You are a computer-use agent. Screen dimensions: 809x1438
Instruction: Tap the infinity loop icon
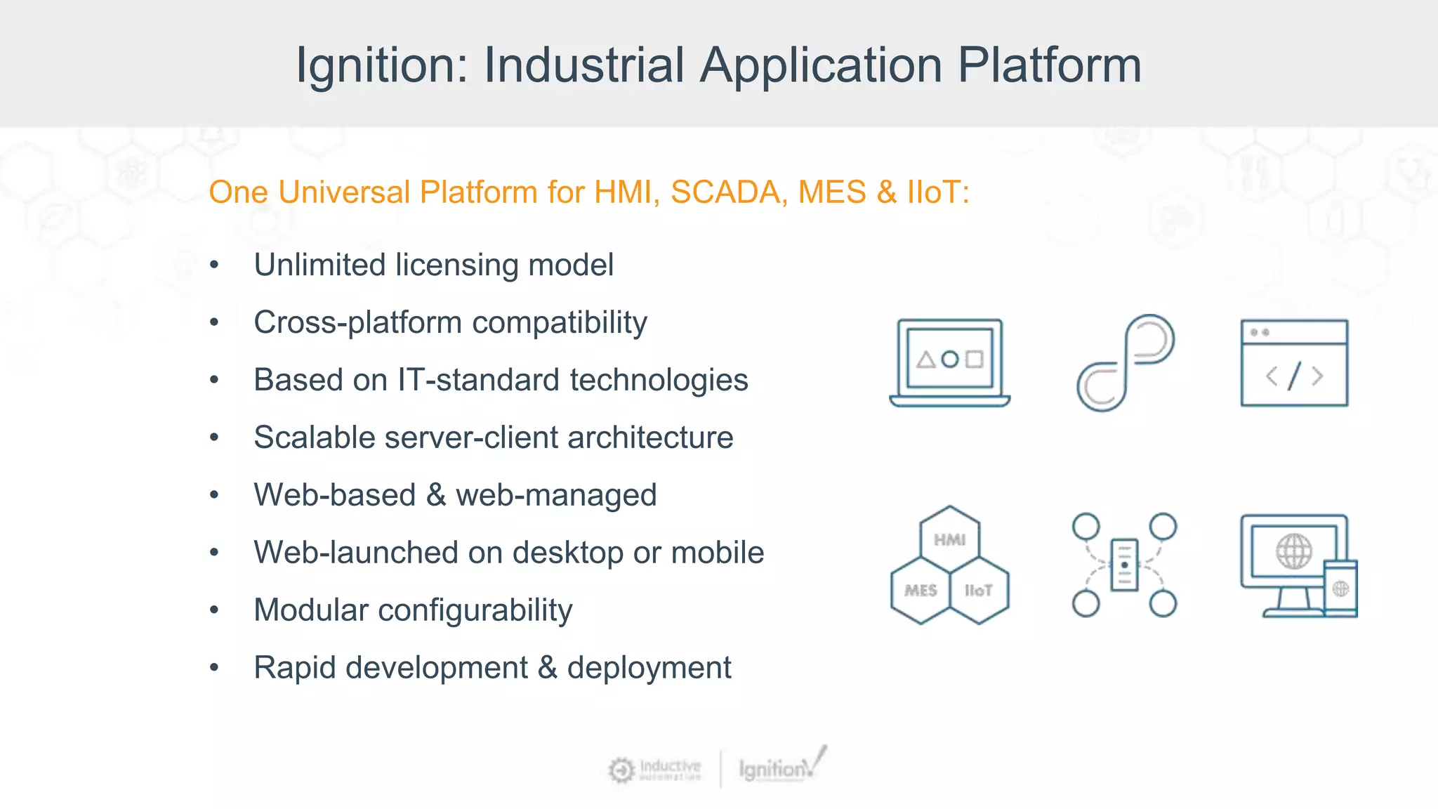point(1125,363)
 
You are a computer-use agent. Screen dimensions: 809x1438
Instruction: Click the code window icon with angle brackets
point(1294,363)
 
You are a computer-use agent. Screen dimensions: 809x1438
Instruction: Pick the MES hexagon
point(921,591)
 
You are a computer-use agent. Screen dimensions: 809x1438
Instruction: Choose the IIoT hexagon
point(979,591)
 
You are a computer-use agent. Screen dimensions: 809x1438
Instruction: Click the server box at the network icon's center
point(1124,565)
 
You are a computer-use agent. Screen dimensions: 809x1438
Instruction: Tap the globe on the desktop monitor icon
point(1293,551)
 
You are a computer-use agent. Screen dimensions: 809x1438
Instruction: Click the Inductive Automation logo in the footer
point(655,770)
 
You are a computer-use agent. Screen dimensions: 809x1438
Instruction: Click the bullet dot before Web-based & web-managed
point(214,495)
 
